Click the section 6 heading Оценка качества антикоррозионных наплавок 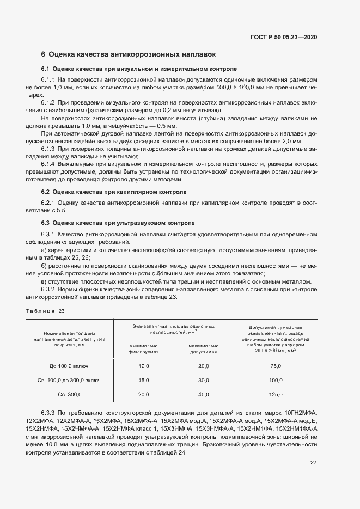pos(129,54)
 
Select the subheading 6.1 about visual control pos(139,69)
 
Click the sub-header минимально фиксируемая pos(144,349)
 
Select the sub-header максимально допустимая pos(203,349)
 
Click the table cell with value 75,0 pos(276,366)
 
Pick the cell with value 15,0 pos(144,380)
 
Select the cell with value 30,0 pos(203,380)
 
